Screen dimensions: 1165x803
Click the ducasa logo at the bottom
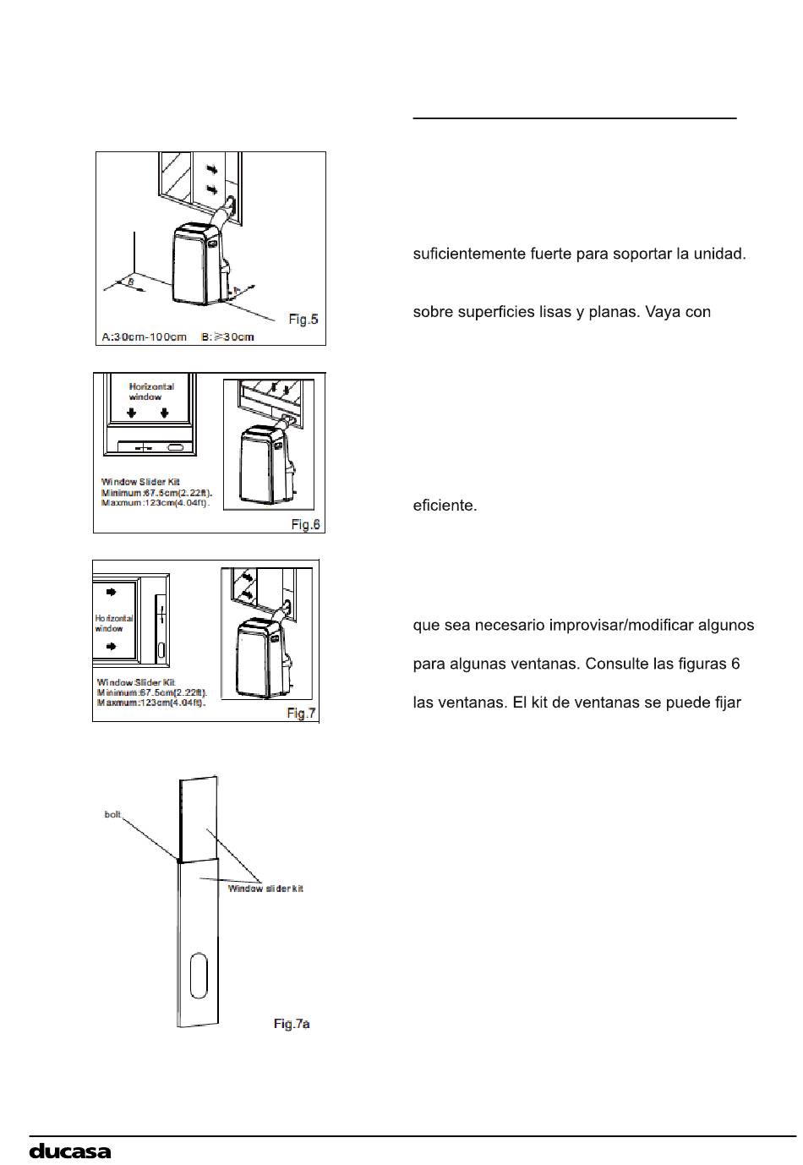(x=70, y=1151)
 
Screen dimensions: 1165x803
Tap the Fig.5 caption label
(x=303, y=319)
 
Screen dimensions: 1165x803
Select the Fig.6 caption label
(x=305, y=524)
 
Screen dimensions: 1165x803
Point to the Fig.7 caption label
(x=301, y=713)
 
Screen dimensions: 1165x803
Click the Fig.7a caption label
(x=292, y=1024)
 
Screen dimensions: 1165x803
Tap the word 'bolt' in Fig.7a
(x=112, y=814)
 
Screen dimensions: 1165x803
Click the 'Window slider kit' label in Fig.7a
(x=265, y=889)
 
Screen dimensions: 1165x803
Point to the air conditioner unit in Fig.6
(x=265, y=465)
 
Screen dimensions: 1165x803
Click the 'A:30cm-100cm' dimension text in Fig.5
(x=145, y=336)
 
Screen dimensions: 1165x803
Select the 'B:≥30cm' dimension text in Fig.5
(x=228, y=336)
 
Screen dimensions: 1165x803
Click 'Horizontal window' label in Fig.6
(x=151, y=391)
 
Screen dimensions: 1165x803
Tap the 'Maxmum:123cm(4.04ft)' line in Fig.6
(x=156, y=503)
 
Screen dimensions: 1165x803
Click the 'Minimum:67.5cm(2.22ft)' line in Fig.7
(x=152, y=692)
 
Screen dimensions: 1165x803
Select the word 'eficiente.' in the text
(x=445, y=506)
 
